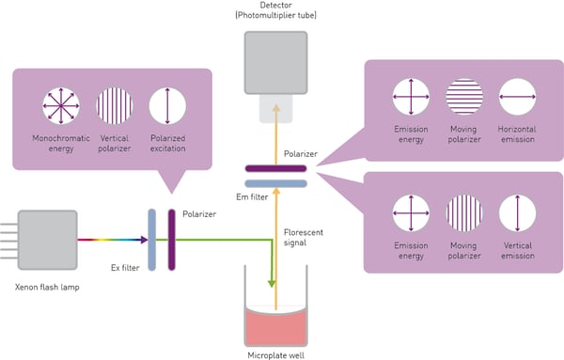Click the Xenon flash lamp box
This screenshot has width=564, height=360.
[x=46, y=241]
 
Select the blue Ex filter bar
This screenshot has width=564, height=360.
[x=150, y=241]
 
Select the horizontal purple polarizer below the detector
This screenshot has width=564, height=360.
[x=275, y=168]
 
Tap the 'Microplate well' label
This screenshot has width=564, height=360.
[x=275, y=354]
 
